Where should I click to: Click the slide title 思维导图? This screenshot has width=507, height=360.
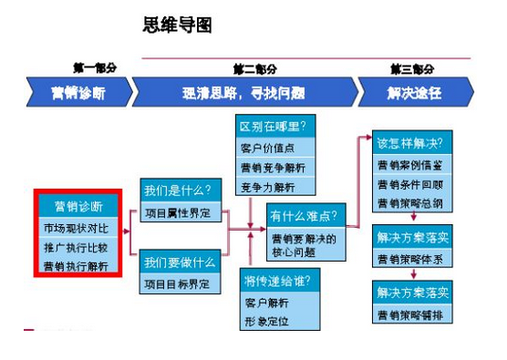(178, 26)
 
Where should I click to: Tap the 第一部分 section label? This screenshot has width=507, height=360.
(94, 68)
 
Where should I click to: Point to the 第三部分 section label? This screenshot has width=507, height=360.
(412, 68)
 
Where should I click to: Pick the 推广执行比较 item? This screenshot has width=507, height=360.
(76, 247)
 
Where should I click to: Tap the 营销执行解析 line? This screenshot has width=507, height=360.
(76, 266)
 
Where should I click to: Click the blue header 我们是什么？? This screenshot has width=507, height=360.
(177, 190)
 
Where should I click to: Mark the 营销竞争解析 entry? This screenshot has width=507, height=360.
(273, 168)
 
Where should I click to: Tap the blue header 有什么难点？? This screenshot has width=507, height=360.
(301, 215)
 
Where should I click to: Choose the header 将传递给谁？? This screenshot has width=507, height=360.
(274, 278)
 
